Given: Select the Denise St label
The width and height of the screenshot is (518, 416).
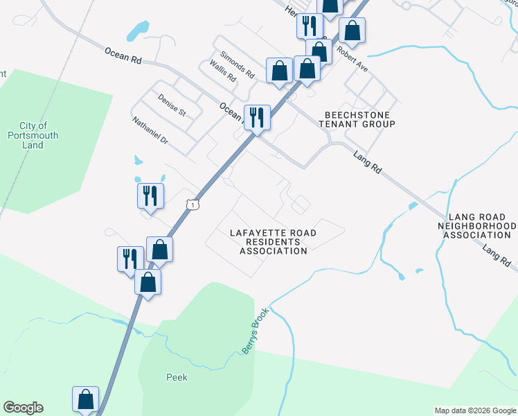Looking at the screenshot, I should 172,105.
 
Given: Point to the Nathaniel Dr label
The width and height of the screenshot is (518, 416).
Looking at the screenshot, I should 150,130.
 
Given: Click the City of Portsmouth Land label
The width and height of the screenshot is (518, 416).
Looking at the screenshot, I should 33,135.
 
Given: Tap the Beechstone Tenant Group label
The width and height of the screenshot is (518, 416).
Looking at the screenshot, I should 357,119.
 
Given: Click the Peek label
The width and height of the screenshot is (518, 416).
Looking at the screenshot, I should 177,378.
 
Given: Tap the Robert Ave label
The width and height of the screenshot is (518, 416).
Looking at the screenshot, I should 352,59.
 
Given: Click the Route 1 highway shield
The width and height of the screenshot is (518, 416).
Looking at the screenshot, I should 193,204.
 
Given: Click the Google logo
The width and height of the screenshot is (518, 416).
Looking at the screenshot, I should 23,408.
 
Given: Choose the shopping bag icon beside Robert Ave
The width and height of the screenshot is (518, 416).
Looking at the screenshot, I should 352,31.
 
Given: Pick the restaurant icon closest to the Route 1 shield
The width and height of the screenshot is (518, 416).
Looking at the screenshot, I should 150,195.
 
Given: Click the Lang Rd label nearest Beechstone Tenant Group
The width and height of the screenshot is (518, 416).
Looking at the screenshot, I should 367,164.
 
